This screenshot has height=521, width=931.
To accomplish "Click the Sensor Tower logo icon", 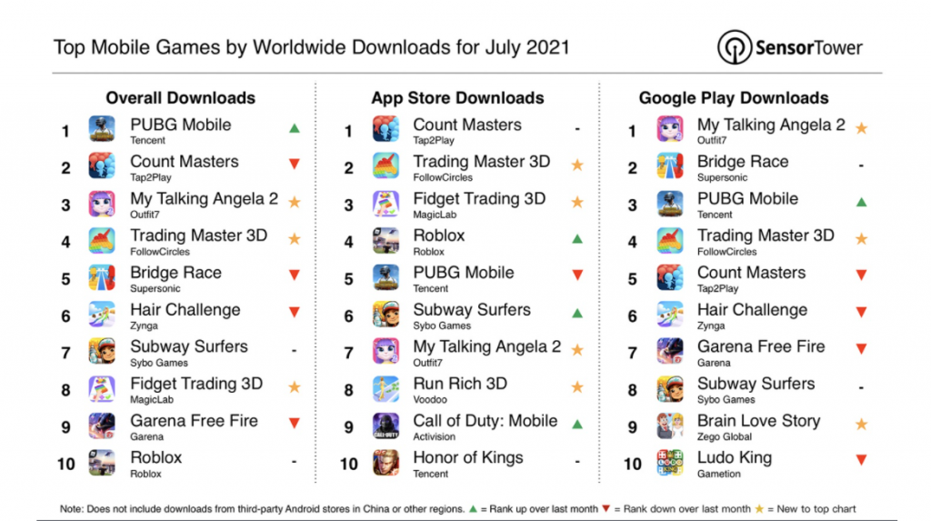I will pos(734,47).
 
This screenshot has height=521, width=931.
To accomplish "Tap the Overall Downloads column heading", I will pos(180,98).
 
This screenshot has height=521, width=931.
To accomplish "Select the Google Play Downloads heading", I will pos(734,98).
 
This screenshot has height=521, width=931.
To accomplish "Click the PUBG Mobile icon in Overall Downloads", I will pos(102,130).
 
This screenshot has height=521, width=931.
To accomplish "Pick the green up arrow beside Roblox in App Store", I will pos(576,238).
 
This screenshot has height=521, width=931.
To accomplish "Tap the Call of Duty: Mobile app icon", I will pos(385,426).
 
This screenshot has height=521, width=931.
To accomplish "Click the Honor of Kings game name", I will pos(467,458).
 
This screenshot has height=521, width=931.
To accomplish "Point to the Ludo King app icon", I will pos(670,463).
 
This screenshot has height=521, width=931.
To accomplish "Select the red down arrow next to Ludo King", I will pos(860,461).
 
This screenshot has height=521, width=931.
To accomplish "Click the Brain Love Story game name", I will pos(758,421).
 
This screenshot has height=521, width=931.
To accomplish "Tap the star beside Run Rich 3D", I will pos(576,387).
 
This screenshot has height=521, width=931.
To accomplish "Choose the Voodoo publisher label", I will pos(430,399).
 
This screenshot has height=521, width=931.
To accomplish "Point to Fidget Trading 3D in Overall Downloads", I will pos(195,384).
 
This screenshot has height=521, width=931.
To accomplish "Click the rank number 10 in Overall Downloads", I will pos(65,464).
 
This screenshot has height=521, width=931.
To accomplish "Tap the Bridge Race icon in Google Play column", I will pos(670,166).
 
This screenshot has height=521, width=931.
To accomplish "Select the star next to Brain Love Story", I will pos(860,425).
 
